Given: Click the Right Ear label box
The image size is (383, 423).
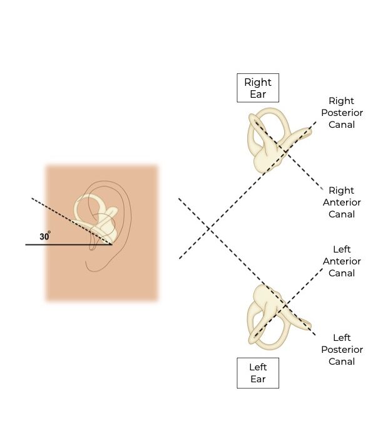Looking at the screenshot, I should coord(257,88).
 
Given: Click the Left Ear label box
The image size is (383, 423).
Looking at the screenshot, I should coord(257,373).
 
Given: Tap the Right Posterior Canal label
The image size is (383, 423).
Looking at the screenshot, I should coord(341,112).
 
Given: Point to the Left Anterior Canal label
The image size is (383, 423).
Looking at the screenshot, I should coord(341,261).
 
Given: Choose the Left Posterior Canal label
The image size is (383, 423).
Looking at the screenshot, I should coord(341,349).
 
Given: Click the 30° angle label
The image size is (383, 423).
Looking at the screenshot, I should coord(45,237).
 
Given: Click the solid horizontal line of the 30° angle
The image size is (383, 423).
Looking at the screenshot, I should coord(63,244).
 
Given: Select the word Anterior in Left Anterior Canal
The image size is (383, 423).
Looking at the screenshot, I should coord(341,261).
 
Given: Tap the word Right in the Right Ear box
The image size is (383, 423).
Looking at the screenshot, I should coord(257,82).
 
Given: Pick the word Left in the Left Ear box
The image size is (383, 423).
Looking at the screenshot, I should coord(257,367).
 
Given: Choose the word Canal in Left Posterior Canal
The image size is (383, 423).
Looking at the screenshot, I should coord(341,361).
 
